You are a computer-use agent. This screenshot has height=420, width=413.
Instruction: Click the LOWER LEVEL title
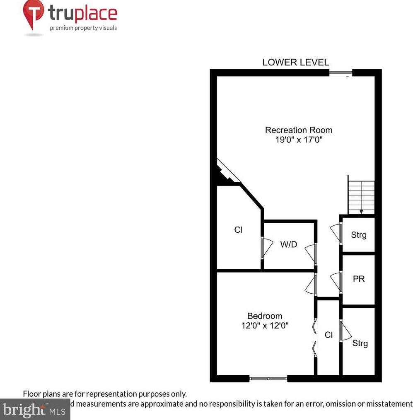click(296, 63)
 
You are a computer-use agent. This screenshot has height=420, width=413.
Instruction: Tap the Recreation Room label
click(299, 130)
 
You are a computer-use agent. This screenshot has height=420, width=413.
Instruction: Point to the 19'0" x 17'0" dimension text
click(299, 140)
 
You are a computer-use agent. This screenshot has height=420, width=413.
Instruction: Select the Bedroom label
click(265, 316)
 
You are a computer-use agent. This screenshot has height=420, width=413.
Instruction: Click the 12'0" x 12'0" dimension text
click(265, 326)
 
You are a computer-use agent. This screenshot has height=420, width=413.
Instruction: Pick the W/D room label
click(289, 244)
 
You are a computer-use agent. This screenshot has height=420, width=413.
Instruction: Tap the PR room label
click(359, 279)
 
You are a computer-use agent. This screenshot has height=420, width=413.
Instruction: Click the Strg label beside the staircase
click(359, 235)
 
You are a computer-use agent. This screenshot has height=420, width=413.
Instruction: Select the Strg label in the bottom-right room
click(360, 343)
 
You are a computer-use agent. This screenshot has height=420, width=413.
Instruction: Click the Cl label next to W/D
click(238, 230)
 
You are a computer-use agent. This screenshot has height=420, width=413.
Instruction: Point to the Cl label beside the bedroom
click(328, 335)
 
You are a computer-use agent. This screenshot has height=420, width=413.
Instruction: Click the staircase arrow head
click(361, 211)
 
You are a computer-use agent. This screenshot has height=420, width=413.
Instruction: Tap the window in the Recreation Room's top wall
click(341, 73)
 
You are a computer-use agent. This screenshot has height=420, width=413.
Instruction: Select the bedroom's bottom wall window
click(268, 378)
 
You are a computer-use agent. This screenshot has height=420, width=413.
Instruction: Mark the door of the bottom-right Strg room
click(345, 331)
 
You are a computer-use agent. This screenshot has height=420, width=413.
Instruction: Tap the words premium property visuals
click(83, 28)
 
